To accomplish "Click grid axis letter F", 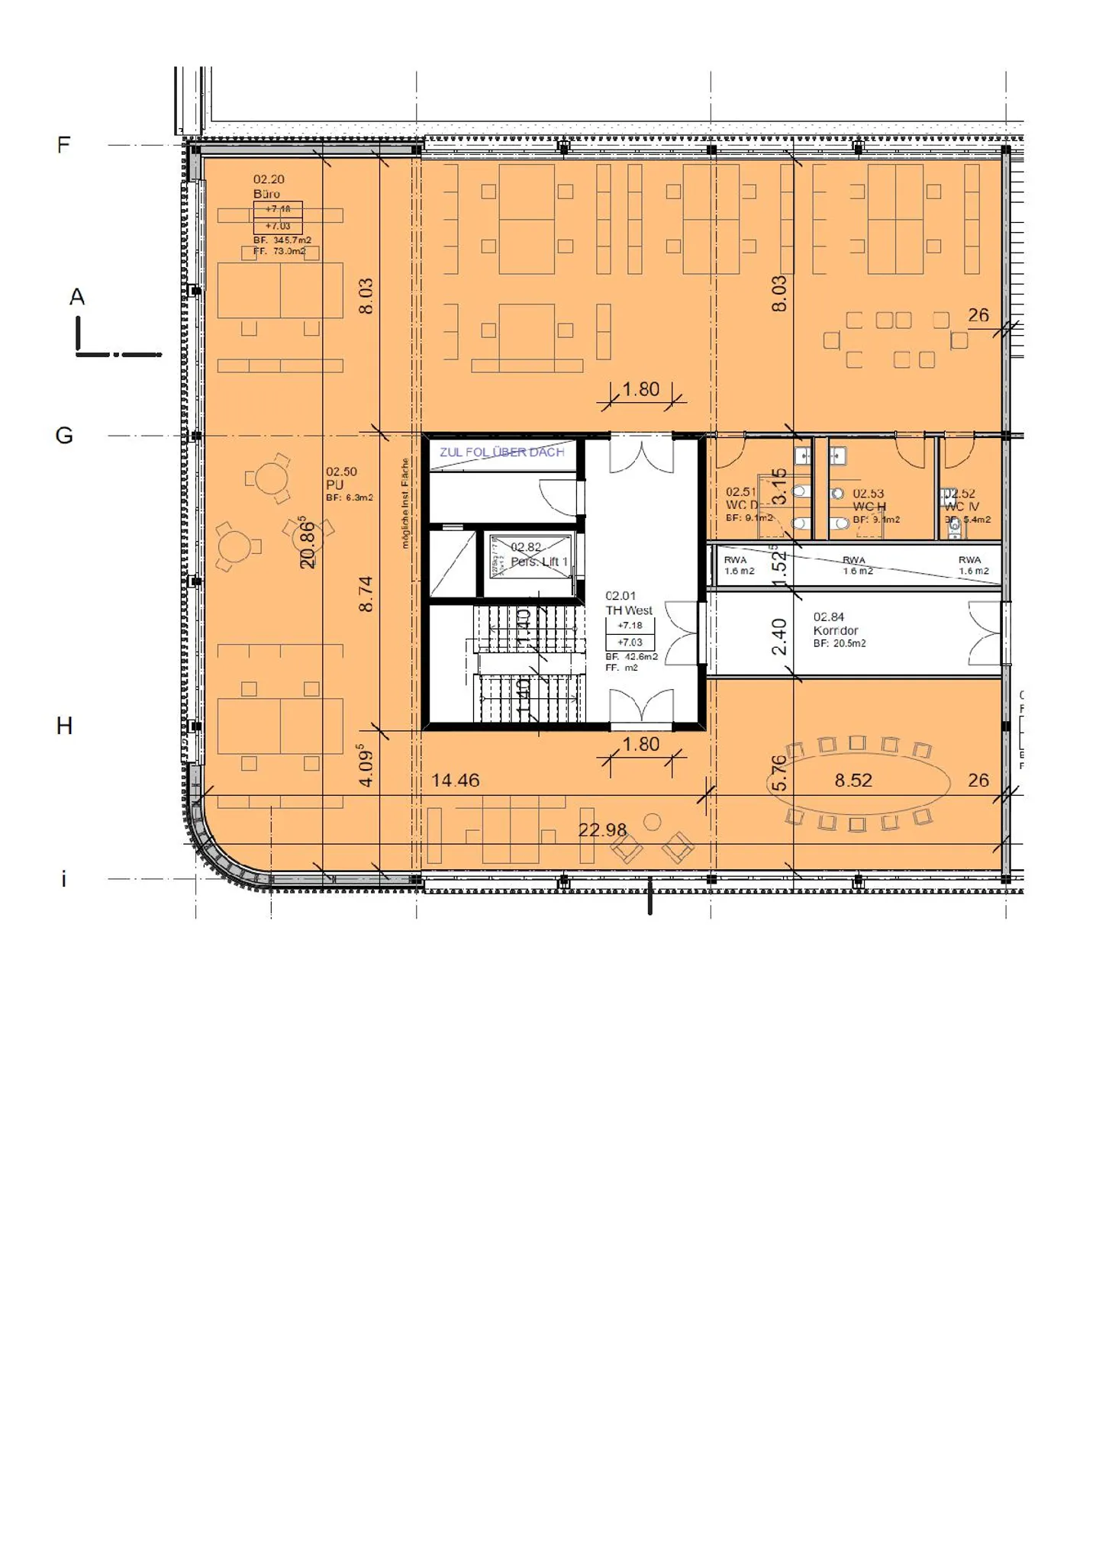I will pos(63,144).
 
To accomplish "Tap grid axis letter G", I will pos(64,436).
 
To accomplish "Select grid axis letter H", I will pos(64,726).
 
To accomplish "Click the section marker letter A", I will pos(77,297).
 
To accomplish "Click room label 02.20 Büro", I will pos(269,186).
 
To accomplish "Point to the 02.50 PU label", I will pos(340,478).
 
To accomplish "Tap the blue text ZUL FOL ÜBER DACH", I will pos(501,452).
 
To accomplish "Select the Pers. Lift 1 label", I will pos(539,562).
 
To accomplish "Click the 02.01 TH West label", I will pos(628,603).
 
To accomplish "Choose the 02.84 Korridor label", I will pos(835,623).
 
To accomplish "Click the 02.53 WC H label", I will pos(869,500).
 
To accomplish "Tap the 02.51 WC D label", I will pos(742,499).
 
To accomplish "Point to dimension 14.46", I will pos(455,781).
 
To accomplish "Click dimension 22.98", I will pos(602,830).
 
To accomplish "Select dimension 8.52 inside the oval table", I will pos(853,781).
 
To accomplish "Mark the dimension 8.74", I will pos(366,594).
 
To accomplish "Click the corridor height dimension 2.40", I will pos(779,636).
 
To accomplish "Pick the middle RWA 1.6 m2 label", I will pos(855,565).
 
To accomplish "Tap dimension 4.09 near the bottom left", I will pos(366,766).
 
